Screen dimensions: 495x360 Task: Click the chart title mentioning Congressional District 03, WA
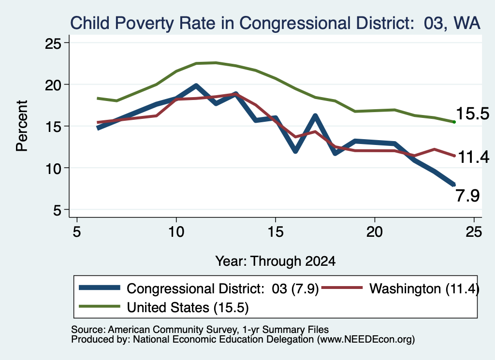275,23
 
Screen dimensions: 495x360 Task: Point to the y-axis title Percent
22,126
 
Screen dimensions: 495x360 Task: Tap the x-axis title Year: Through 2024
275,261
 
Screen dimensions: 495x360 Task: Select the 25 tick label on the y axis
53,43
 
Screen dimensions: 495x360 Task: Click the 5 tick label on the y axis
57,210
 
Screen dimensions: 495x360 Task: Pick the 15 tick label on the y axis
53,127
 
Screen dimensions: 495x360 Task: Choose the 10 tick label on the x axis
176,232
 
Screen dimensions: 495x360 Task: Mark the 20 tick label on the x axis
375,232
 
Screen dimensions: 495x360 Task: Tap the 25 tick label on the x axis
474,232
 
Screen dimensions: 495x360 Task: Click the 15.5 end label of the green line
472,114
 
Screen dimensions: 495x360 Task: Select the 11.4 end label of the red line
473,157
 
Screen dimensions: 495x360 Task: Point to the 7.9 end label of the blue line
467,196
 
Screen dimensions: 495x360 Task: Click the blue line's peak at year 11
196,86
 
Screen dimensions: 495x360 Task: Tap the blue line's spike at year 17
315,116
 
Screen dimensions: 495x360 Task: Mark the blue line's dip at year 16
295,151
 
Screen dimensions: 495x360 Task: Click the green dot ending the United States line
454,122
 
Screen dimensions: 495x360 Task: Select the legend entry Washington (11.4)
399,288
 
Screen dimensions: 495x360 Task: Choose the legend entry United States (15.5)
164,307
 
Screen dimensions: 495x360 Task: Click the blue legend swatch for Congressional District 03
100,288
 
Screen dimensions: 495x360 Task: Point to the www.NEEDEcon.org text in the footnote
366,340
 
